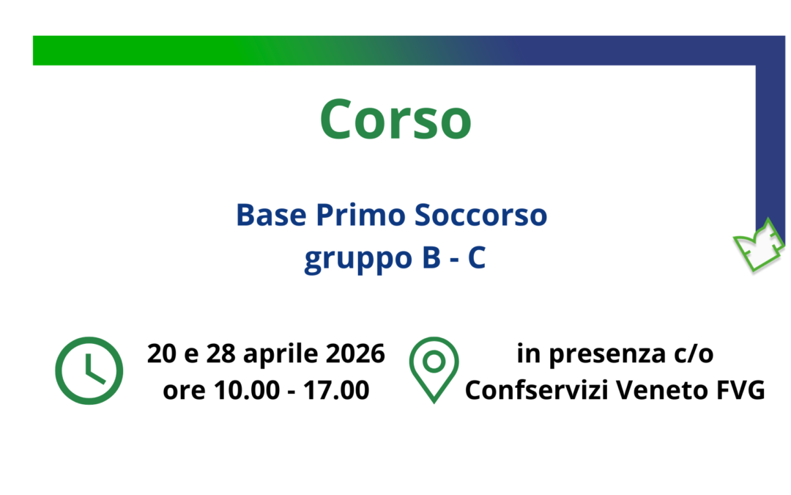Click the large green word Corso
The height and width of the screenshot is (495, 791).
(395, 120)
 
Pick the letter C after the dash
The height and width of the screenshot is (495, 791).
(477, 260)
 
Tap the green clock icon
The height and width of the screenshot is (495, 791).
(89, 371)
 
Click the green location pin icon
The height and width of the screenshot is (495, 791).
(434, 369)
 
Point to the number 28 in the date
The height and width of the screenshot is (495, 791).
(221, 353)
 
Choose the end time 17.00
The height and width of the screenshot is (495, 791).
(338, 390)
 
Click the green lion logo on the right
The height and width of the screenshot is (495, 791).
(759, 244)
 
